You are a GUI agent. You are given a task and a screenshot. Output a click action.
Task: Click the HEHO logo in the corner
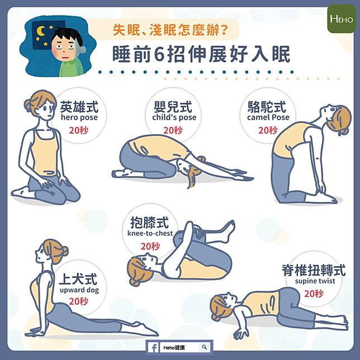tap(342, 19)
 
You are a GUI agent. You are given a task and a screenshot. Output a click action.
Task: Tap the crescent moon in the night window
tap(41, 31)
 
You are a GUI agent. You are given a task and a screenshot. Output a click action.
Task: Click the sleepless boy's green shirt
tap(72, 67)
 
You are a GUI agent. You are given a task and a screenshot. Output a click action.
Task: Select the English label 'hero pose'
tap(79, 117)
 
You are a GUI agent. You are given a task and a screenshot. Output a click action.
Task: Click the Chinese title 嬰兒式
tap(173, 107)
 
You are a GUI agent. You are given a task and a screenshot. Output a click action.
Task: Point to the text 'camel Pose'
tap(268, 117)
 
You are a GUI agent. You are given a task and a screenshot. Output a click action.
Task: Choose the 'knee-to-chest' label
tap(150, 233)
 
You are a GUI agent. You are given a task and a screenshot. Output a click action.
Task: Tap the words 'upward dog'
tap(79, 290)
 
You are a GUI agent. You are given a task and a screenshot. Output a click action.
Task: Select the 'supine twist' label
tap(315, 281)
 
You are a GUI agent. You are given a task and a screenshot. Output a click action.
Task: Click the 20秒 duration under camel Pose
tap(268, 130)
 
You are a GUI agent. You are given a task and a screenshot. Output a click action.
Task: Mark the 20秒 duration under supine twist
tap(314, 293)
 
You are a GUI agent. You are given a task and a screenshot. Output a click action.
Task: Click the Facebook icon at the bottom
tap(154, 348)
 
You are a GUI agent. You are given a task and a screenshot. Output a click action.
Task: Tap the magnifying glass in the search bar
tap(205, 347)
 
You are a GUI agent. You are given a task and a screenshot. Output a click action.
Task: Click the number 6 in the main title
tap(159, 55)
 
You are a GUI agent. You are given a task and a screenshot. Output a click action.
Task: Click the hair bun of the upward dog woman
tap(64, 252)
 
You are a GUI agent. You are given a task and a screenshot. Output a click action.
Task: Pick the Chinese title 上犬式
tap(78, 279)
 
